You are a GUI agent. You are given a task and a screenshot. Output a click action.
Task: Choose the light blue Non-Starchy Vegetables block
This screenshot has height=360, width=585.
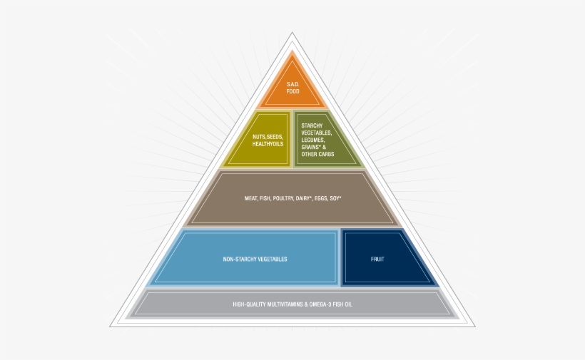click(255, 258)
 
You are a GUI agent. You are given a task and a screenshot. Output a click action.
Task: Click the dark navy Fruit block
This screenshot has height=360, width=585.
click(378, 258)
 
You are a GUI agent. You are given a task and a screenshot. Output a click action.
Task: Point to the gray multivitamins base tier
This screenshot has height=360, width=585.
click(292, 304)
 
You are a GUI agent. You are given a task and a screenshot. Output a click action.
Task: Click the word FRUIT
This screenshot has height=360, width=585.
click(378, 259)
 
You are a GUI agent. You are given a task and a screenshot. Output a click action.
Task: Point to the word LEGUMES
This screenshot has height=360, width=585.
click(315, 140)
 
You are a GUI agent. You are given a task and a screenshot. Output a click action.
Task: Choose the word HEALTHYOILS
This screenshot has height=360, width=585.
click(268, 144)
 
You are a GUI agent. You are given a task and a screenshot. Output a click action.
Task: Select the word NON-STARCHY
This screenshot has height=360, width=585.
click(240, 259)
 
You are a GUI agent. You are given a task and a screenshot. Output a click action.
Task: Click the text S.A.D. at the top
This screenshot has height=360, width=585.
click(292, 84)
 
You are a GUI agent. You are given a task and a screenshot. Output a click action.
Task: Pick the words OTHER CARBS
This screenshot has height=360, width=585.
click(318, 154)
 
